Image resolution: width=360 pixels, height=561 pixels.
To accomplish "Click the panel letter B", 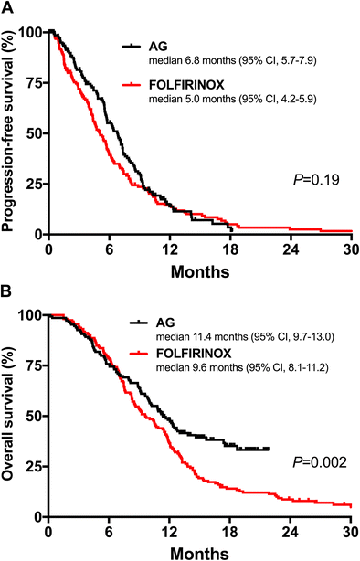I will [x=8, y=295].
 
